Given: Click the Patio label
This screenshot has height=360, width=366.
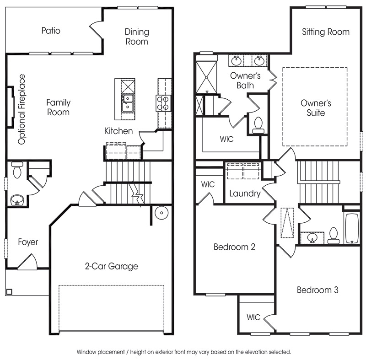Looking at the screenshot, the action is (51, 31).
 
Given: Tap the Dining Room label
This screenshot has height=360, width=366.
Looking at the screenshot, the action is (137, 37).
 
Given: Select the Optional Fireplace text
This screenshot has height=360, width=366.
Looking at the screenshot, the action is (22, 109).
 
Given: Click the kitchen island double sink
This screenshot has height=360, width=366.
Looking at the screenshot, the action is (128, 103).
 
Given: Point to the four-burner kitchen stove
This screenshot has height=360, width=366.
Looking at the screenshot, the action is (163, 103).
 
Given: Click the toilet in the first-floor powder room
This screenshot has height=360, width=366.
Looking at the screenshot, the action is (17, 170).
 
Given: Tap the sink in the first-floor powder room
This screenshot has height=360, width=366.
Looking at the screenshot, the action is (17, 200).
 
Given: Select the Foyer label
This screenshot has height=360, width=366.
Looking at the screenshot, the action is (28, 242).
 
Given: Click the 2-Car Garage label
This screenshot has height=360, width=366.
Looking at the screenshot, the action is (111, 266).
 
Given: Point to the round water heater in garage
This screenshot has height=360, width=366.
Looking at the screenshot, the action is (161, 213).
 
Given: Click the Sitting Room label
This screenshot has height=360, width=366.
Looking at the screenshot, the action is (326, 32).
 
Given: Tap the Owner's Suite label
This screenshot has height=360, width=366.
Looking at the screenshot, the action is (316, 108).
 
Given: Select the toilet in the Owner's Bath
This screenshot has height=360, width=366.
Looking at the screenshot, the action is (258, 125).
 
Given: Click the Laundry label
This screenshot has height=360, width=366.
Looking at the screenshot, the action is (245, 193).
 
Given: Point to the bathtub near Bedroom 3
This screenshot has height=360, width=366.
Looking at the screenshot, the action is (352, 228).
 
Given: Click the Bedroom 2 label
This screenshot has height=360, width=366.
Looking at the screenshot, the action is (234, 247).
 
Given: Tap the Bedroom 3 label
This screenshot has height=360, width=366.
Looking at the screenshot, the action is (318, 290).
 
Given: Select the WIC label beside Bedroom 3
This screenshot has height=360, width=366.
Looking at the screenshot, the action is (253, 317).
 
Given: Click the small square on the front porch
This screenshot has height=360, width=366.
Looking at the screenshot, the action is (9, 292).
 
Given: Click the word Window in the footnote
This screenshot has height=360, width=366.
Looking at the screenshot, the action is (86, 352).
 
